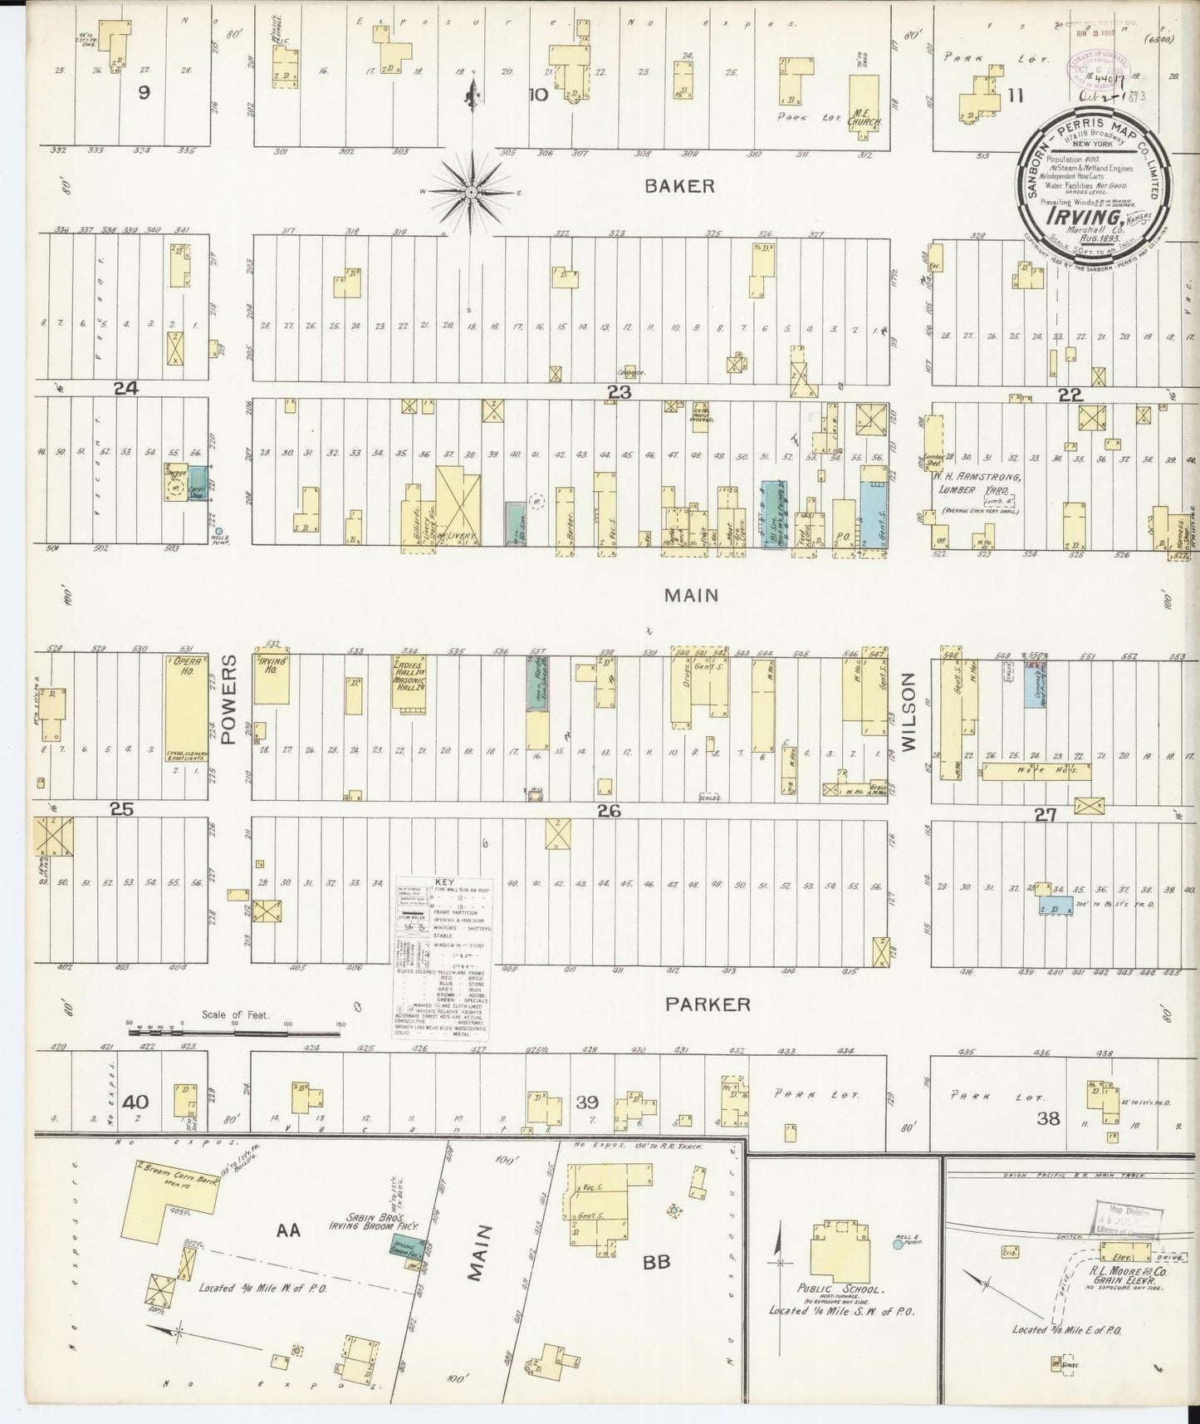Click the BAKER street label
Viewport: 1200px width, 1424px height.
click(679, 185)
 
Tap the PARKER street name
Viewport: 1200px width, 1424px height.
click(708, 1004)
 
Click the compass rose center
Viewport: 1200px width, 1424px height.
click(471, 193)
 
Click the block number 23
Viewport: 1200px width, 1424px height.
click(620, 392)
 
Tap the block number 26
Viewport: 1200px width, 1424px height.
click(609, 811)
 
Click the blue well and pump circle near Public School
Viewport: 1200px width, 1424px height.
click(897, 1244)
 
